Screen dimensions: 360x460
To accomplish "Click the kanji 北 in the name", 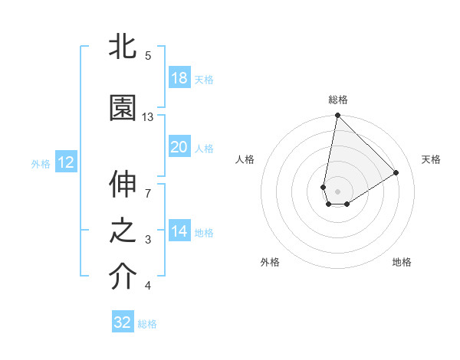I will click(x=123, y=47).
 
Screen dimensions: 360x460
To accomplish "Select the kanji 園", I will click(x=123, y=108).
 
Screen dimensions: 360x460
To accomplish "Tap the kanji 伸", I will click(x=123, y=185).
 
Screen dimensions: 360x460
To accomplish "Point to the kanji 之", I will click(x=123, y=231).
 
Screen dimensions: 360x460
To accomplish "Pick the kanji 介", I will click(x=123, y=277).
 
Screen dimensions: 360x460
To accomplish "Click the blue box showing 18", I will click(x=179, y=78).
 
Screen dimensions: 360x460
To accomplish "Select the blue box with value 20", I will click(x=179, y=147).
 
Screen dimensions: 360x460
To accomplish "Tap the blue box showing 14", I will click(x=179, y=231).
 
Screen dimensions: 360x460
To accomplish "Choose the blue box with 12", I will click(x=65, y=162).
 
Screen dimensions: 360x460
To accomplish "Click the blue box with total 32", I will click(x=123, y=322).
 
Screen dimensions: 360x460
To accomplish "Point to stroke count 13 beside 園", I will click(x=148, y=117).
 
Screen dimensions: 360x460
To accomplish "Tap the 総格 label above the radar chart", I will click(x=337, y=100).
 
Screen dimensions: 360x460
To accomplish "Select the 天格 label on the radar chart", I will click(x=432, y=159).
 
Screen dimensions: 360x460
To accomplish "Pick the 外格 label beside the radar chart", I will click(x=270, y=262).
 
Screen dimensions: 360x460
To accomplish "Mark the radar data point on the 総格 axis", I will click(x=337, y=116).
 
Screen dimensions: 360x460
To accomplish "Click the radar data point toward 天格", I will click(x=396, y=172).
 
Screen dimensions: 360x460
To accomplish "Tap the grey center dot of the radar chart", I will click(x=337, y=191).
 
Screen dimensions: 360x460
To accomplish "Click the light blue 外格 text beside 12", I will click(x=40, y=163).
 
